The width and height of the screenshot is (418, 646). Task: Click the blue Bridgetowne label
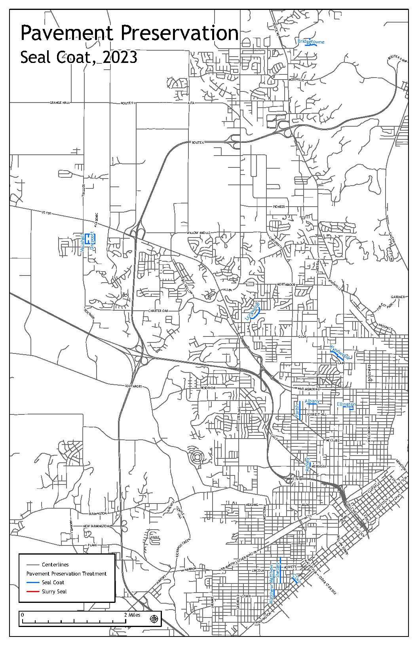pos(311,41)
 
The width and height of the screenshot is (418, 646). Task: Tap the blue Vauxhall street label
pos(82,243)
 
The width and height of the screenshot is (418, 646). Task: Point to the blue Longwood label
pos(252,310)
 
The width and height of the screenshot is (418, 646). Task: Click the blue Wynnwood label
pos(339,351)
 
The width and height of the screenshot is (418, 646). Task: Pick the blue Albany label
pos(312,401)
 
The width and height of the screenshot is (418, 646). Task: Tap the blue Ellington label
pos(346,404)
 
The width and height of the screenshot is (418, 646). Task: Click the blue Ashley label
pos(307,464)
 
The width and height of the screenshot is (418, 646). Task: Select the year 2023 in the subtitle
pos(120,57)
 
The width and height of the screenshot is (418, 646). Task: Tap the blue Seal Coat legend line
pos(32,582)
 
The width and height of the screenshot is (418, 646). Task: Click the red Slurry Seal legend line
pos(32,591)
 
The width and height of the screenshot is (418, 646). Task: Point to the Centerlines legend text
pos(55,564)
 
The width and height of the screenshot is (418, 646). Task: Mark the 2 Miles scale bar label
pos(132,615)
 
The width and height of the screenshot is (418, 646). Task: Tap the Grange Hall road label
pos(60,103)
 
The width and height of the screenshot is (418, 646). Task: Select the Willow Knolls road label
pos(198,233)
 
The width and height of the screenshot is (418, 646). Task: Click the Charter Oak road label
pos(158,311)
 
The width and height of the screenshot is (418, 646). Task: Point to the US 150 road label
pos(46,213)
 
